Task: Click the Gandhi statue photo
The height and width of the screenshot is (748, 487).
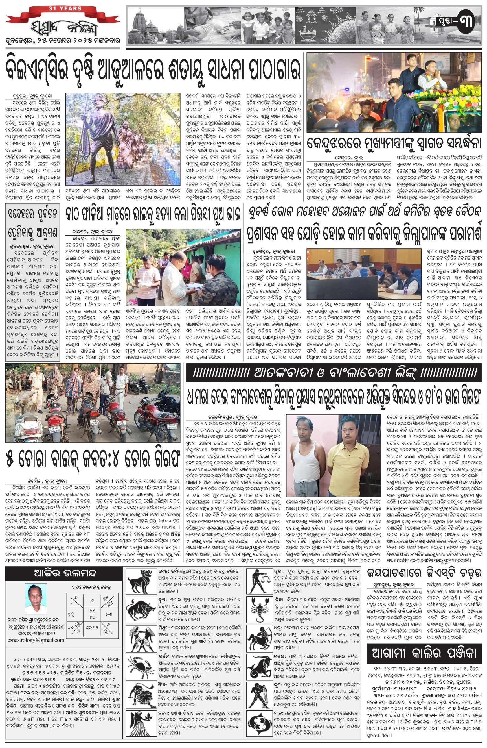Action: click(123, 139)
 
